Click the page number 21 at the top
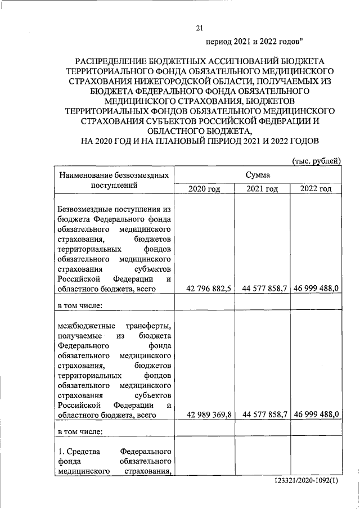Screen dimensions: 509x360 click(199, 28)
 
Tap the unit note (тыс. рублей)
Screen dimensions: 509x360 click(316, 161)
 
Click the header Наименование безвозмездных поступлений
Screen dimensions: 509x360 click(114, 181)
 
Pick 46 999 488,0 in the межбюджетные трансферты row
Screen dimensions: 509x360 click(315, 414)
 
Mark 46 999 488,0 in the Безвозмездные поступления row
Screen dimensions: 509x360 click(315, 289)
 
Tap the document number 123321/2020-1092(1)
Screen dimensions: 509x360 click(308, 483)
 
